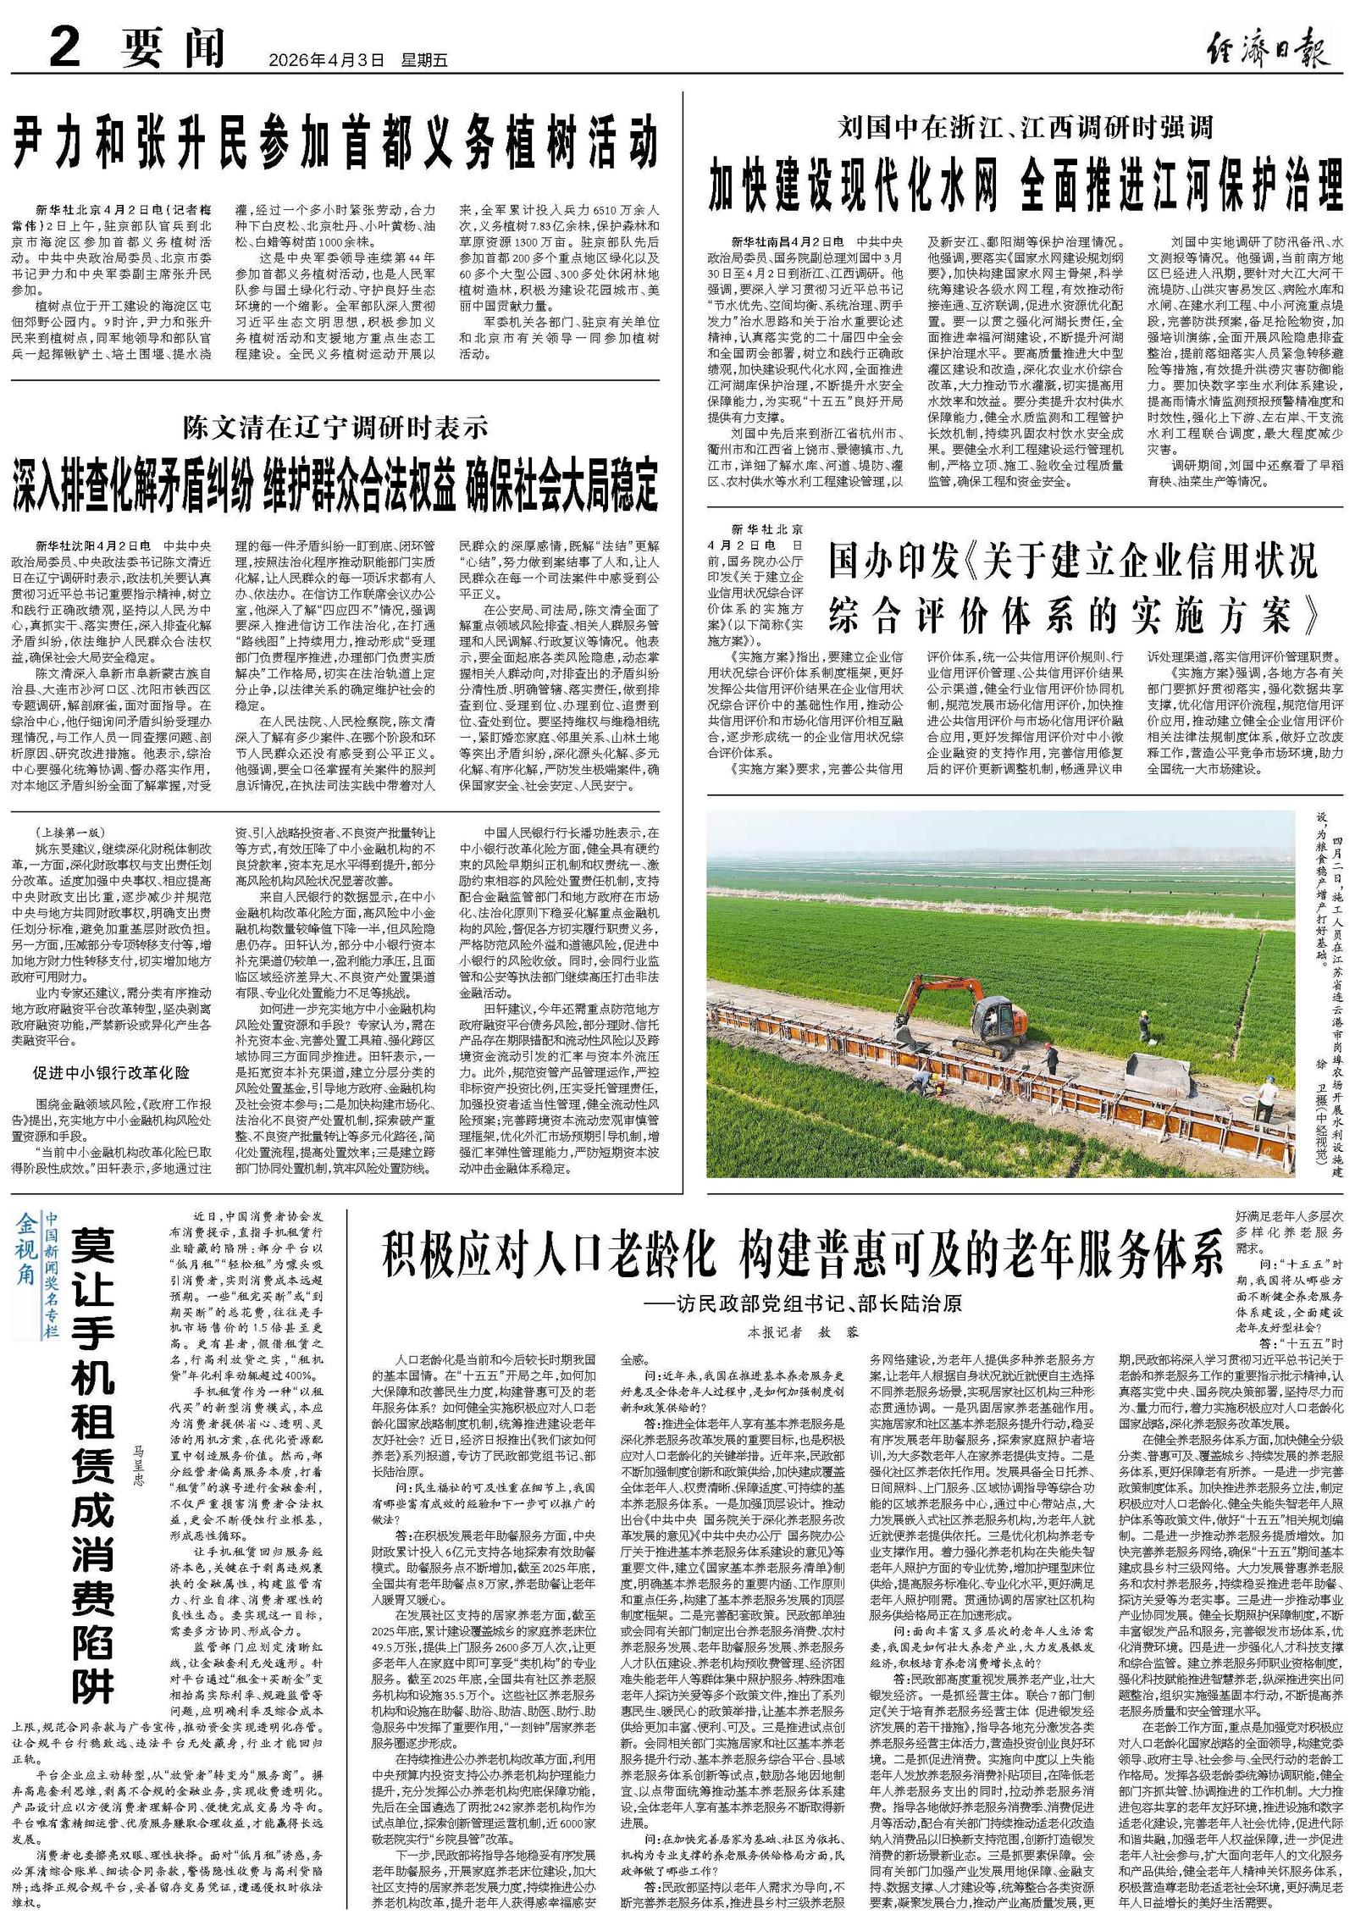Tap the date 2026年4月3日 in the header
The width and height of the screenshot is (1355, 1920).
326,60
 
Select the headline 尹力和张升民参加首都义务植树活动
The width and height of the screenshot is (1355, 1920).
335,146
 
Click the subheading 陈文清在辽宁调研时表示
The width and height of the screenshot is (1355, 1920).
335,429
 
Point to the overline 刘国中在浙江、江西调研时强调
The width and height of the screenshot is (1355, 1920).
1025,127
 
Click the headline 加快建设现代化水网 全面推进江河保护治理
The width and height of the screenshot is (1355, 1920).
1026,184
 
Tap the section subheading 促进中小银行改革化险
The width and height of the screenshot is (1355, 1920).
111,1073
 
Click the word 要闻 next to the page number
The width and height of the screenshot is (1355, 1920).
174,48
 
